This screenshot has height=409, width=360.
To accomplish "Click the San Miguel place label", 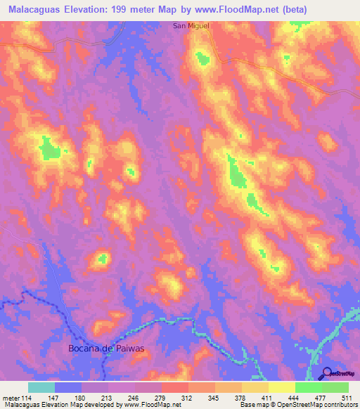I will [191, 26].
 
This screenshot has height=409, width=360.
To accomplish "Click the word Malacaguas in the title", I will [37, 8].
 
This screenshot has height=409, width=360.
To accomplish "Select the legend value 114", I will [27, 398].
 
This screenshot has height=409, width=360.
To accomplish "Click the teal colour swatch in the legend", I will [41, 387].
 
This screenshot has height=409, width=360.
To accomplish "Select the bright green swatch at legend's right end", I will [335, 387].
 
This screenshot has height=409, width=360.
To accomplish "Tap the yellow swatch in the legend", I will [282, 387].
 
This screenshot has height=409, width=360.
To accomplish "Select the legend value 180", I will [82, 398].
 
